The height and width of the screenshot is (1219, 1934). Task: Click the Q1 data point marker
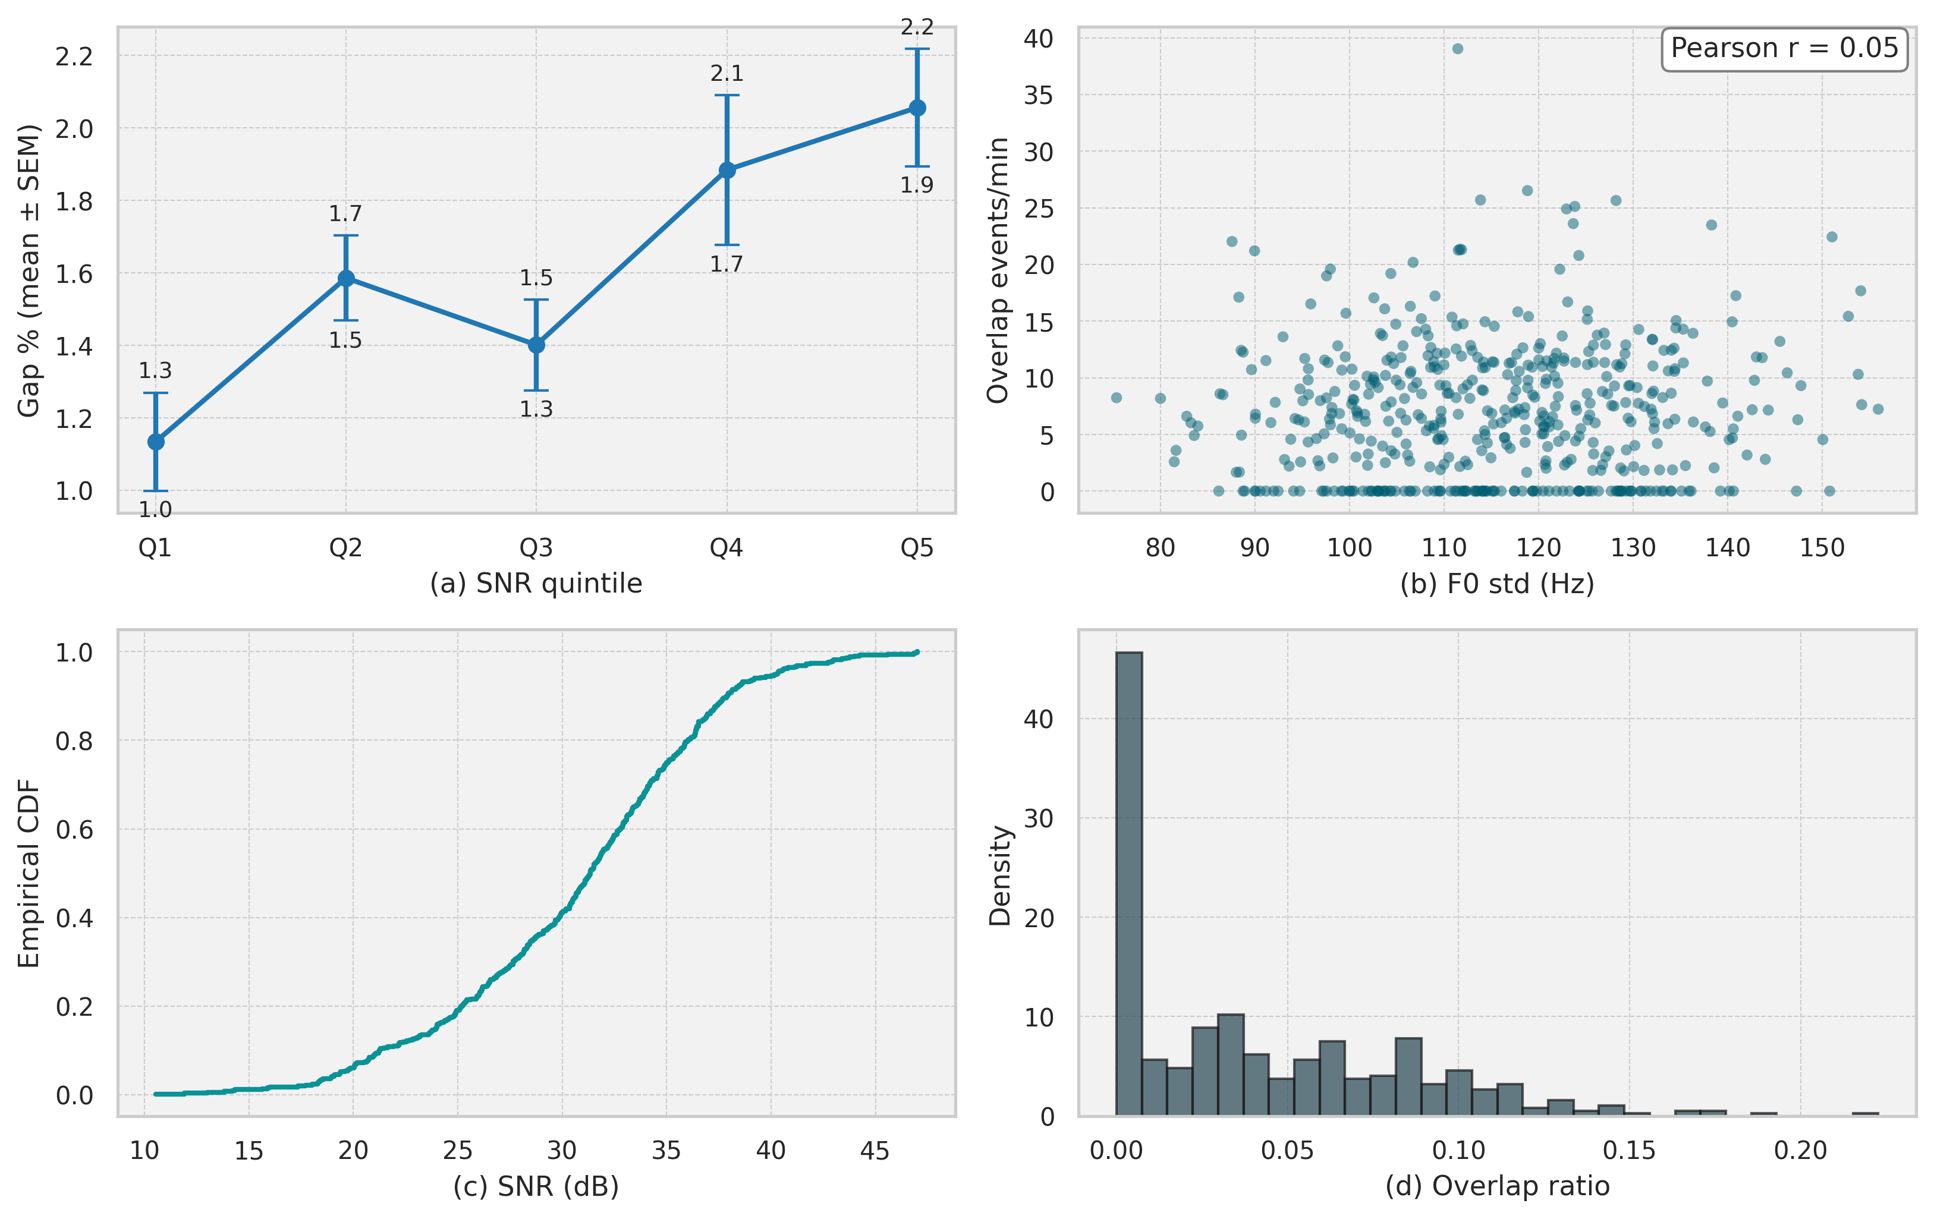click(x=156, y=442)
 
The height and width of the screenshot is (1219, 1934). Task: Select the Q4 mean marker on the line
click(x=727, y=170)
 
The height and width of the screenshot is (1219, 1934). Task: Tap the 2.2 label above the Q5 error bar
click(x=916, y=27)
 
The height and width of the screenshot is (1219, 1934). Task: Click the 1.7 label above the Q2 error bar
click(x=345, y=213)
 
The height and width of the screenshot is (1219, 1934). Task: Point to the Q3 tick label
click(x=536, y=547)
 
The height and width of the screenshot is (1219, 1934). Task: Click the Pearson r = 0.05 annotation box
click(x=1784, y=49)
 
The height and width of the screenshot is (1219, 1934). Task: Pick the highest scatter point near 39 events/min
click(x=1458, y=49)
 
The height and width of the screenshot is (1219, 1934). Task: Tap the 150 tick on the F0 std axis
click(x=1822, y=547)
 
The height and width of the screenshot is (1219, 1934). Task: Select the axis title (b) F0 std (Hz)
click(x=1497, y=584)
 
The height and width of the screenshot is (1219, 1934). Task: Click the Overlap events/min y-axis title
click(x=998, y=270)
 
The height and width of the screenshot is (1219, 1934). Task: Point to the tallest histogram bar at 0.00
click(x=1128, y=883)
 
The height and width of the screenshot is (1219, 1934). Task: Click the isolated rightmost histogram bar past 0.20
click(x=1865, y=1114)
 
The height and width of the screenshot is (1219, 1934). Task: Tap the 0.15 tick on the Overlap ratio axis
click(x=1629, y=1151)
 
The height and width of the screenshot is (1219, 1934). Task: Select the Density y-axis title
click(x=1000, y=875)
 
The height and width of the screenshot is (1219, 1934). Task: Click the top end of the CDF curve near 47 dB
click(x=916, y=652)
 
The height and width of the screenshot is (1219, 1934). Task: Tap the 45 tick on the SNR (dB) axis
click(x=875, y=1151)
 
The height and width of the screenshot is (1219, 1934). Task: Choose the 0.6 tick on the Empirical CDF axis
click(x=74, y=830)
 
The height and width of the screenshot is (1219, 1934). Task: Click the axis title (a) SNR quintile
click(x=536, y=584)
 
